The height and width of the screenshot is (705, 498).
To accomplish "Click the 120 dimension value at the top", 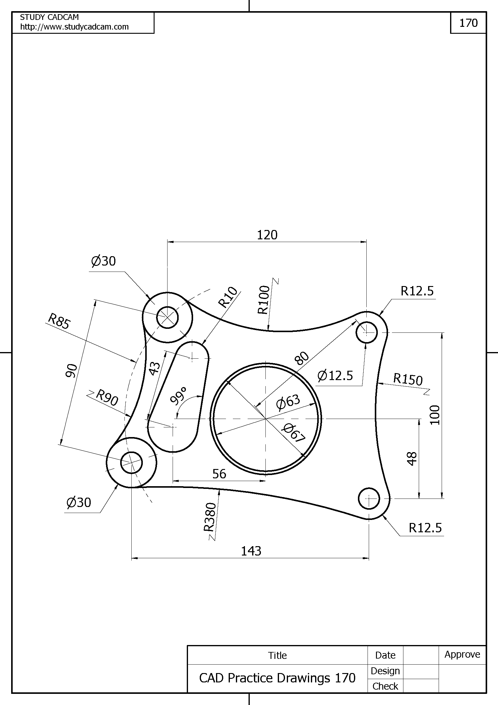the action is [x=267, y=235].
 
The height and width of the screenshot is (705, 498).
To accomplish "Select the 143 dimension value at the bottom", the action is [x=251, y=551].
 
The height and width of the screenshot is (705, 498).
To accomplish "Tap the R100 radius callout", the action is [x=264, y=300].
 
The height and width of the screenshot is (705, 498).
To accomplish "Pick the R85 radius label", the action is [x=59, y=321].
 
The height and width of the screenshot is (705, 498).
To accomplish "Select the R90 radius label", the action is [x=107, y=398].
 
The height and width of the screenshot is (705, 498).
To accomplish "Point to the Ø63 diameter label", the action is [x=288, y=402].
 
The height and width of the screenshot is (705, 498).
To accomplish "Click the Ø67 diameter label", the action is [x=294, y=433].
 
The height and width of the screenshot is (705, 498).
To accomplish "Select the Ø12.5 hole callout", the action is [x=335, y=376].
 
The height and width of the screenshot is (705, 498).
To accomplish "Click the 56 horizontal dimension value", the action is [x=219, y=474].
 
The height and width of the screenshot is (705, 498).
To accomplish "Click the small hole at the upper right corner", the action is [x=367, y=332].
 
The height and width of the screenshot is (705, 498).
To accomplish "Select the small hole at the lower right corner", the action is [x=369, y=499].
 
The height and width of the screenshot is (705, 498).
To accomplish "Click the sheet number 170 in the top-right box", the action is [x=468, y=23].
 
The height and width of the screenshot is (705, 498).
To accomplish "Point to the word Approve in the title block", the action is [x=462, y=654].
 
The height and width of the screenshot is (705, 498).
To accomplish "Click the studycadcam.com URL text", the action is [x=74, y=27].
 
